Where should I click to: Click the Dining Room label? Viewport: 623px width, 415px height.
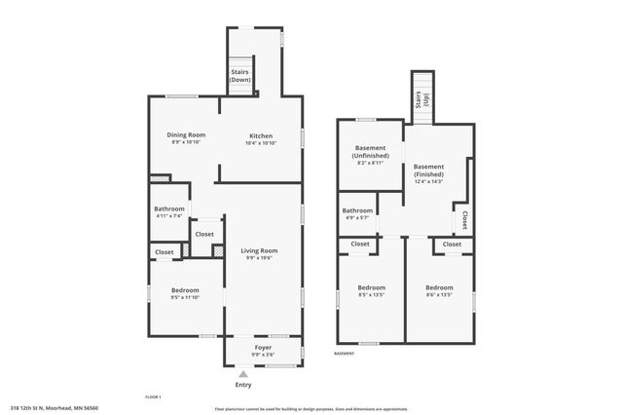(x=185, y=134)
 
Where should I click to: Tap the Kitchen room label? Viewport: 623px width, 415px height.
(x=260, y=135)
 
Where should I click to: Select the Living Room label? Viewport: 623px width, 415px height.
(x=260, y=250)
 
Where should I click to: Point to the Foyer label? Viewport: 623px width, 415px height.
(x=263, y=347)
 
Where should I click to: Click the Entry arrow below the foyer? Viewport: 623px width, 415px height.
(x=242, y=373)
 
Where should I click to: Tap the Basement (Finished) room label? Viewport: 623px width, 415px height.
(x=428, y=170)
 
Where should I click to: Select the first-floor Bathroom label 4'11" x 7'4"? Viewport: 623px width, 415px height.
(x=169, y=209)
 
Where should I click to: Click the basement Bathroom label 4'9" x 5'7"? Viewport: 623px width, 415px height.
(x=357, y=210)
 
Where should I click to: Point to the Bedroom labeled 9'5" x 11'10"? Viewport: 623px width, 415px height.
(x=185, y=290)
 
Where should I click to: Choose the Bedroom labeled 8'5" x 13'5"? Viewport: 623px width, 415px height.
(x=371, y=287)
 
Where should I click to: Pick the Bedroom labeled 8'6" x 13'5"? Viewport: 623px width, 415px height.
(x=439, y=287)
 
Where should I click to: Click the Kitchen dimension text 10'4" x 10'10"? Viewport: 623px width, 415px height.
(x=260, y=143)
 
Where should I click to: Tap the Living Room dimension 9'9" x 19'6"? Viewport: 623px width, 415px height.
(x=260, y=258)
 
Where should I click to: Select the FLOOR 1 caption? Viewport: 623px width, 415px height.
(x=153, y=396)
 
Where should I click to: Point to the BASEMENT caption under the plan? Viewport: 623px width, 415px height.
(x=345, y=353)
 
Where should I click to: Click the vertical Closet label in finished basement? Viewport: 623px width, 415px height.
(x=465, y=218)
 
